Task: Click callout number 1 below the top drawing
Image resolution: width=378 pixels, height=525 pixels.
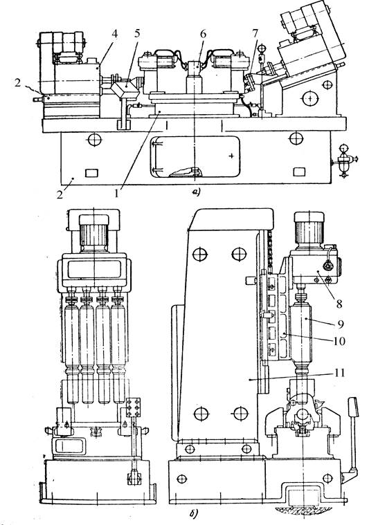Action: (x=116, y=194)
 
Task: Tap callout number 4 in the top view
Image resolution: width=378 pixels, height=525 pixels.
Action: (x=115, y=34)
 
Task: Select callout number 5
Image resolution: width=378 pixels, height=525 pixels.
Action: (x=137, y=33)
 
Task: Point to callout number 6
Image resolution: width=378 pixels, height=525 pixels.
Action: (x=203, y=33)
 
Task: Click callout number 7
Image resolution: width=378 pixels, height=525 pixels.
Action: (x=255, y=33)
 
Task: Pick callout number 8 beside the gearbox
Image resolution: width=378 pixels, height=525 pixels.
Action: (x=339, y=304)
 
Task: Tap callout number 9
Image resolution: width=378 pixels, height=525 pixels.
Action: (x=341, y=324)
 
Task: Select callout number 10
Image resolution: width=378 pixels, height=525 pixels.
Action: (x=339, y=341)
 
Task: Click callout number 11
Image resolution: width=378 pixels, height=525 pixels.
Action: (x=340, y=373)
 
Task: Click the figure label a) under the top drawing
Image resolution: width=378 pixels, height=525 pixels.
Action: (x=196, y=192)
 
